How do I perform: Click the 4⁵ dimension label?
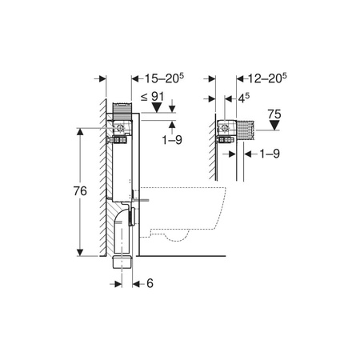(246, 98)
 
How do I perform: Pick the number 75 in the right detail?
(274, 114)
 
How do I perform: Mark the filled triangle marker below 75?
(274, 126)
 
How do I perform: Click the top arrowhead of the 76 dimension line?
(80, 130)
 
